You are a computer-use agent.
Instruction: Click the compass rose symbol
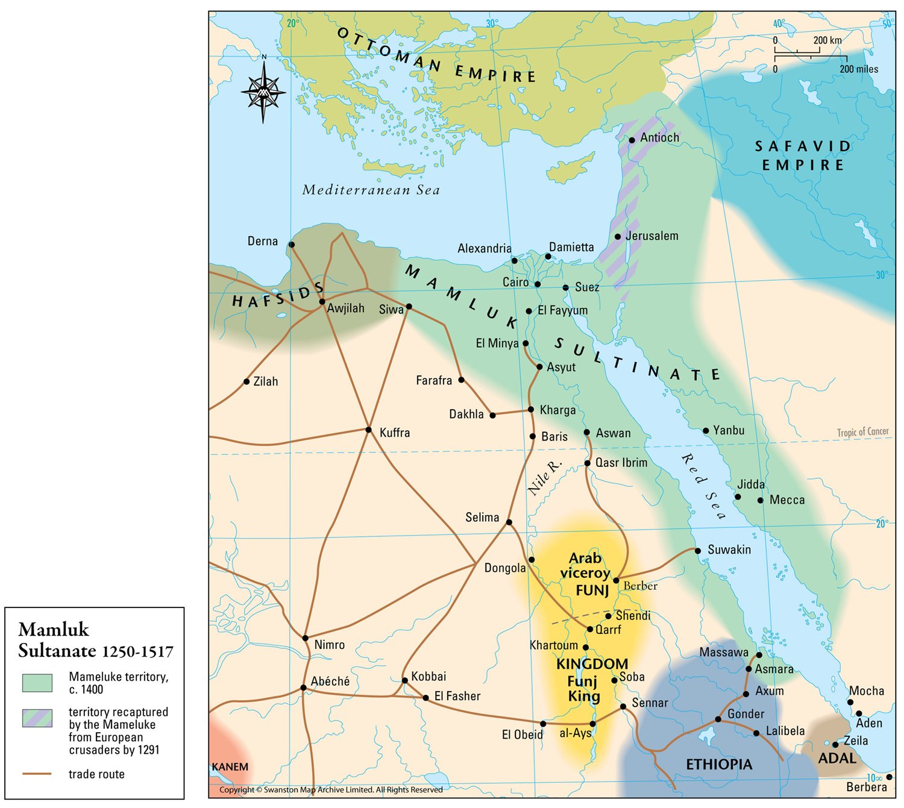coord(263,92)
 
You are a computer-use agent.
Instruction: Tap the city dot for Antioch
coord(632,140)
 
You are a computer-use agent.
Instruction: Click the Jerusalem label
coord(651,236)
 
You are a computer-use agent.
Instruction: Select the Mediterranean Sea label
coord(371,190)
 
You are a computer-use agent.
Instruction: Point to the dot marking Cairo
coord(538,284)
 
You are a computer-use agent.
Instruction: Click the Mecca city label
coord(786,500)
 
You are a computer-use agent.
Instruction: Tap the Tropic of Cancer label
coord(862,431)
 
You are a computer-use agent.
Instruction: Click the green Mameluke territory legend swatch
coord(37,683)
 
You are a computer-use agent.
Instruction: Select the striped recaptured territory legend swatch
coord(37,718)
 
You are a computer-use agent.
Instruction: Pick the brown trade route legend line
coord(37,774)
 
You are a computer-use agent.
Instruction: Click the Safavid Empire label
coord(803,155)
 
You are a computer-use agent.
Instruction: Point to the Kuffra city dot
coord(369,430)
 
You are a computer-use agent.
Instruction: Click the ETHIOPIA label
coord(719,764)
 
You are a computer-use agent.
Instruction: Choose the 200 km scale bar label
coord(827,40)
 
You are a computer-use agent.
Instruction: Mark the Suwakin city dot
coord(697,551)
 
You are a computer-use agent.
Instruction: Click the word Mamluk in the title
coord(54,630)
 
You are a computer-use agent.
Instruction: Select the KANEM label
coord(230,767)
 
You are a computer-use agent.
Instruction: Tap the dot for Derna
coord(292,245)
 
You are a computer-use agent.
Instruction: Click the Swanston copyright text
coord(331,789)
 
